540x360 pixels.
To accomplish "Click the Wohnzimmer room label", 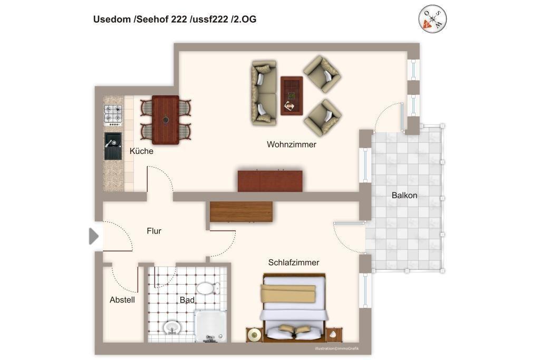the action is pos(291,144).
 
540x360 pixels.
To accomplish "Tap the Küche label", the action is pos(141,151).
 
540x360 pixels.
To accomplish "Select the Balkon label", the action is pos(404,196).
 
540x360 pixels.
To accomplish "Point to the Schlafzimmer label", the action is pos(293,262).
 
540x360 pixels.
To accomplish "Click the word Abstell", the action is pos(122,300).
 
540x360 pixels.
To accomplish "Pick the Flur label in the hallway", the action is pos(154,231).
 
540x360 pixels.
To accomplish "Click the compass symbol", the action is pos(432,19).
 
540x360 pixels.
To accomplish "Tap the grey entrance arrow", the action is pos(94,236).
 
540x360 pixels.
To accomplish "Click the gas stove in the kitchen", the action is pos(113,115).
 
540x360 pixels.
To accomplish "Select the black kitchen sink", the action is pos(113,147).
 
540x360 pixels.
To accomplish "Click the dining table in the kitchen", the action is pos(166,120).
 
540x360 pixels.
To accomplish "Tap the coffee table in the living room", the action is pos(292,96).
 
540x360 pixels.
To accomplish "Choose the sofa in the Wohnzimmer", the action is pos(264,93).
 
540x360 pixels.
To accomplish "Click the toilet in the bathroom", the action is pos(208,288).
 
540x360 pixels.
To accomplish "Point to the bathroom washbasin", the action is pos(171,327).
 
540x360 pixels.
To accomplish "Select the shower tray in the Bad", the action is pos(210,326).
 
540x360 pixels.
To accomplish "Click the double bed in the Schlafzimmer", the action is pos(294,307).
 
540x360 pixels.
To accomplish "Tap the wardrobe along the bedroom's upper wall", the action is pos(241,212).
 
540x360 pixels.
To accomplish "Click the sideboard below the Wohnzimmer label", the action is pos(270,181).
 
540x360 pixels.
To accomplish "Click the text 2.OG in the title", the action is pos(245,20).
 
